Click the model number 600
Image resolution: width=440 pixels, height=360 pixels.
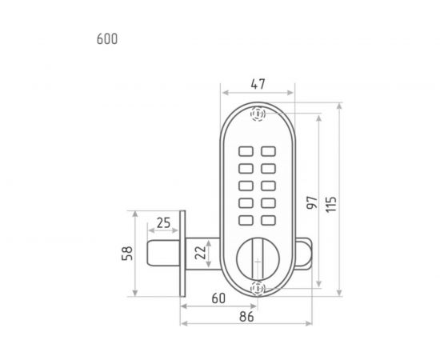click(x=107, y=39)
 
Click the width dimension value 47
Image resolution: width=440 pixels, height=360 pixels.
click(x=258, y=84)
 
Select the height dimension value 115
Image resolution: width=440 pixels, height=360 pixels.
click(x=331, y=204)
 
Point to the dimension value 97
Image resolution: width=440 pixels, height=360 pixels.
click(x=312, y=202)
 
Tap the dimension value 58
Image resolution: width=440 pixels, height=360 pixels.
click(x=127, y=254)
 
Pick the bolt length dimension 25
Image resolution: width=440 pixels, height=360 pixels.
click(x=163, y=223)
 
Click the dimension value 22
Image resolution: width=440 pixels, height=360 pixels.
click(x=200, y=253)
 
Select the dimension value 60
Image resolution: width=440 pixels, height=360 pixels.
click(x=218, y=298)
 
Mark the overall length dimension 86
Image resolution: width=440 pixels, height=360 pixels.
click(x=246, y=317)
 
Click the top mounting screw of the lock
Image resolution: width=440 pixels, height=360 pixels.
click(x=258, y=114)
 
